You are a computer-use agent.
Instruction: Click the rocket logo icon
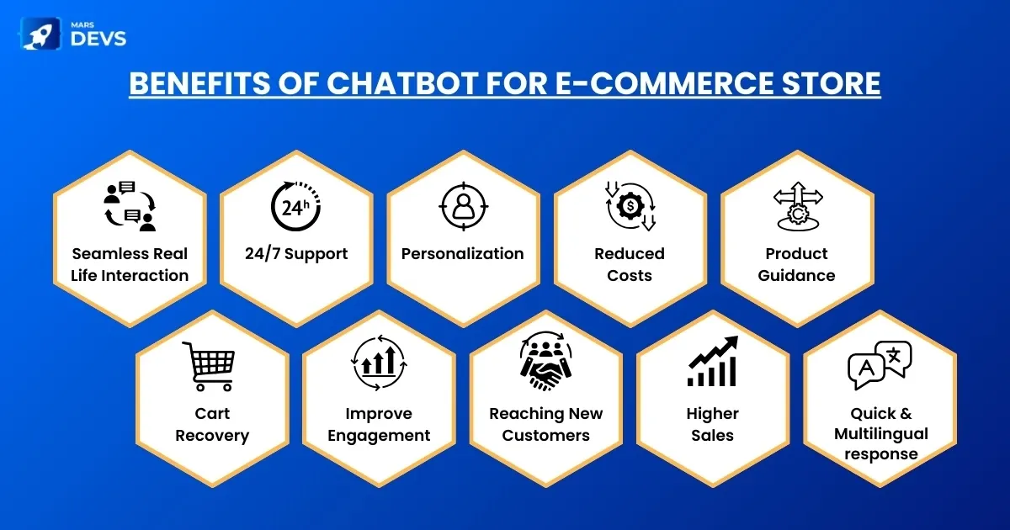click(40, 34)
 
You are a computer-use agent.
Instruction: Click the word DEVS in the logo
click(98, 40)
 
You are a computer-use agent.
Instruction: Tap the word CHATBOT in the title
click(402, 83)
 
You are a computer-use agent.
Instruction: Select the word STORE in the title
click(831, 83)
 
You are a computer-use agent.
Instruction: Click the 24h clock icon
click(295, 206)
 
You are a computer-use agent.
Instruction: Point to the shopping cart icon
click(209, 366)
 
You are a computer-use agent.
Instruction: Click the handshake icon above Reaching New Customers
click(545, 362)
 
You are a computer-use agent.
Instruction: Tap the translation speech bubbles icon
click(880, 365)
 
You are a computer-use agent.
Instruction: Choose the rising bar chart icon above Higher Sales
click(713, 362)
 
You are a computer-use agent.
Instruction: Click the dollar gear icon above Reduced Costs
click(630, 206)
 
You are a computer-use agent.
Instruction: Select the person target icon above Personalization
click(464, 206)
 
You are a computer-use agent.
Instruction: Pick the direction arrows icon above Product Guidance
click(798, 206)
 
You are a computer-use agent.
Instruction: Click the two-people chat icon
click(130, 206)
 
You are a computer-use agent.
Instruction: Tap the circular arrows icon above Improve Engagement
click(379, 363)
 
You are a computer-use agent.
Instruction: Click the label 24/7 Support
click(296, 254)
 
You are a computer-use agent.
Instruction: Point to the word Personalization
click(463, 254)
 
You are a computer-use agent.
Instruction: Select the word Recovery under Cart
click(212, 436)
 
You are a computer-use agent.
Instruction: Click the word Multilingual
click(881, 434)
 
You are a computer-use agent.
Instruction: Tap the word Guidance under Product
click(797, 275)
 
